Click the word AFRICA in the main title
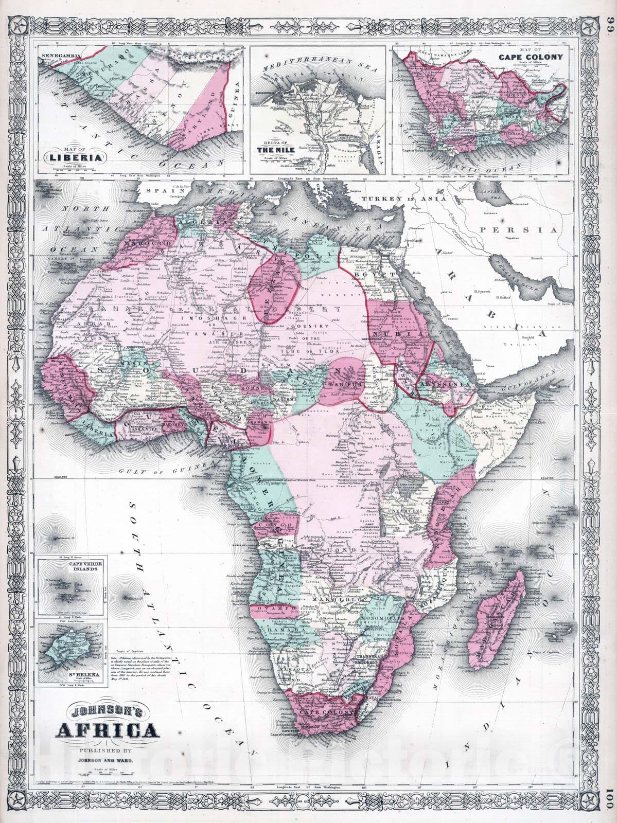click(x=107, y=730)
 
